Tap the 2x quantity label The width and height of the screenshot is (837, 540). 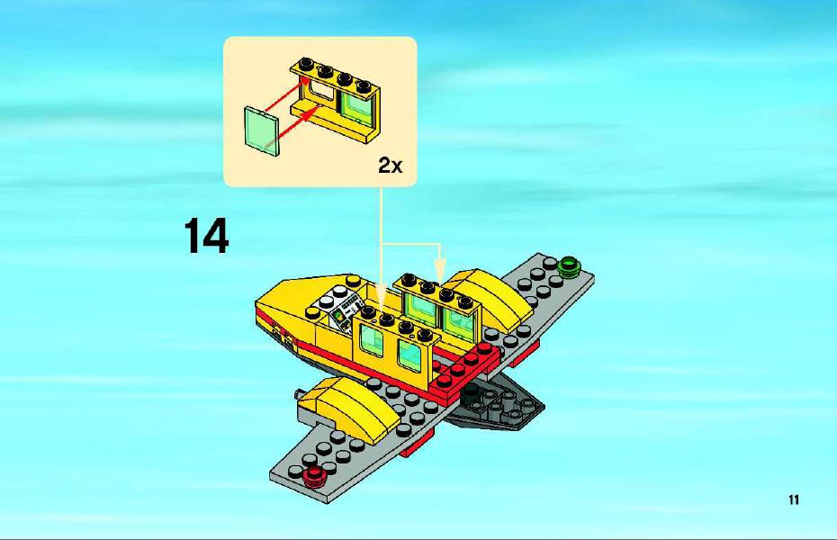(x=391, y=166)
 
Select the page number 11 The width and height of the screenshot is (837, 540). (x=793, y=499)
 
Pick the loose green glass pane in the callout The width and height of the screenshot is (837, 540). (x=262, y=131)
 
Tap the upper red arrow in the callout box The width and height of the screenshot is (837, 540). (x=286, y=95)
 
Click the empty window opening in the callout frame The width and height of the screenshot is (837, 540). (x=319, y=91)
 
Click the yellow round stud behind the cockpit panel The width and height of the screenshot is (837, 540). (x=352, y=281)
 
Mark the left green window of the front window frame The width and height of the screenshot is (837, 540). (x=372, y=340)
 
